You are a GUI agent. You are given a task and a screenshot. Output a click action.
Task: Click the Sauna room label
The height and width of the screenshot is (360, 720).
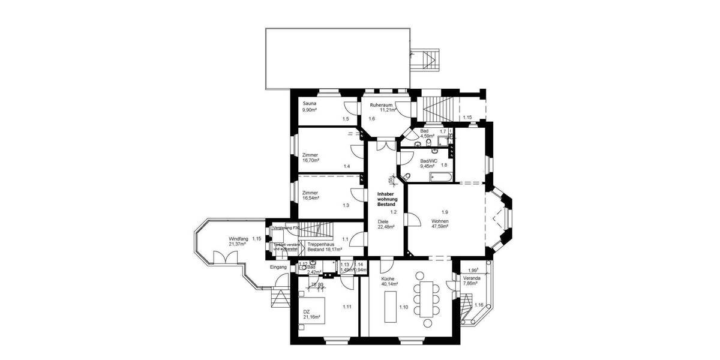[310, 104]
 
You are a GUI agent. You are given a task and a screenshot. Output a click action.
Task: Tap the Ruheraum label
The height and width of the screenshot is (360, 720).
[382, 105]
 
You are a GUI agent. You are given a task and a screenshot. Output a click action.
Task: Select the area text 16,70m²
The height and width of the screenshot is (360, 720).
[311, 161]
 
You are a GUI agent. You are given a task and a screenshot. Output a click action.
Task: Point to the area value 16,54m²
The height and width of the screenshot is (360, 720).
[311, 198]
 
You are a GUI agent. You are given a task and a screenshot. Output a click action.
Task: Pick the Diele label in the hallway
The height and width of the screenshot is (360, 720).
[383, 221]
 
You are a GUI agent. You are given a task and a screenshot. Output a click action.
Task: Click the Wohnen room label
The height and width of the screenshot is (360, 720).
[440, 221]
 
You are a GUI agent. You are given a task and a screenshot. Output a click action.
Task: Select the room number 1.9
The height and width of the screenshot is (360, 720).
[445, 212]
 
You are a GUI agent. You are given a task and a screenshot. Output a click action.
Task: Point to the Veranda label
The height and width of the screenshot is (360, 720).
[472, 278]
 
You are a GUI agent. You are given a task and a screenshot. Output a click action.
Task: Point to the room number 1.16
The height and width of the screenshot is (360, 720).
[478, 305]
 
